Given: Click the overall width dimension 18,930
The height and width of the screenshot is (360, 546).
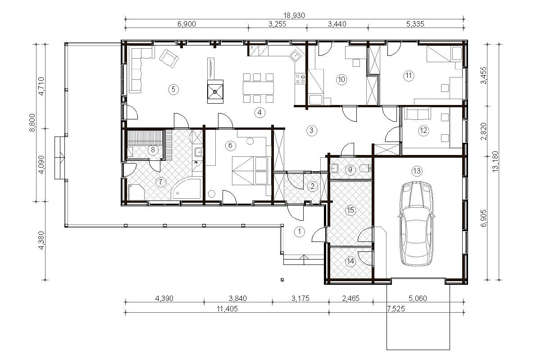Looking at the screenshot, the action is point(294,15).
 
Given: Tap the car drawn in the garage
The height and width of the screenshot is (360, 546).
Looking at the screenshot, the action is point(417,223).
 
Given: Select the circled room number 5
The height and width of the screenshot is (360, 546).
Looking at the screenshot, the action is point(173,89).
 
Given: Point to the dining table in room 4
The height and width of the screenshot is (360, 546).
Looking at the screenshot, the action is point(259,88).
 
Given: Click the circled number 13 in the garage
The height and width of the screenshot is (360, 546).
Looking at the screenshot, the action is point(417,171).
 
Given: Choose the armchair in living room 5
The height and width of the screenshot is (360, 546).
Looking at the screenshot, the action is point(168,59).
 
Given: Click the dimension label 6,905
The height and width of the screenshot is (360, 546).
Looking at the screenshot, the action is point(483,218).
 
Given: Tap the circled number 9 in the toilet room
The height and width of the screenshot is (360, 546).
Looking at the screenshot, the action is point(350,169).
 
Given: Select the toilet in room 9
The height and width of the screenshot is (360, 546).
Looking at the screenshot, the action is point(365,168).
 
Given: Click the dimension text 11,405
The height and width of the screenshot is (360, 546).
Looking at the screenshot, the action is point(227,309).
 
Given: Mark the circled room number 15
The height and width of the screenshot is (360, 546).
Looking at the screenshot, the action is point(350,210).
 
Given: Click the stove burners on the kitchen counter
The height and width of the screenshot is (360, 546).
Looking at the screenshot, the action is point(300,78).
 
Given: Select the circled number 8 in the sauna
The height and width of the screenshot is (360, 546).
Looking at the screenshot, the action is point(153,150).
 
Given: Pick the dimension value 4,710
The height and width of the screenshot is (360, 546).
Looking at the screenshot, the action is point(41,87).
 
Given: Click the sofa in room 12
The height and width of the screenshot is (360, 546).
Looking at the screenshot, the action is point(417,114).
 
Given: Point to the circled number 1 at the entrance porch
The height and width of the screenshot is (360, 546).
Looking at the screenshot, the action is point(299,231).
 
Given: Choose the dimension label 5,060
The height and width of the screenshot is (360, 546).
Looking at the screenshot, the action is point(418,298).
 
